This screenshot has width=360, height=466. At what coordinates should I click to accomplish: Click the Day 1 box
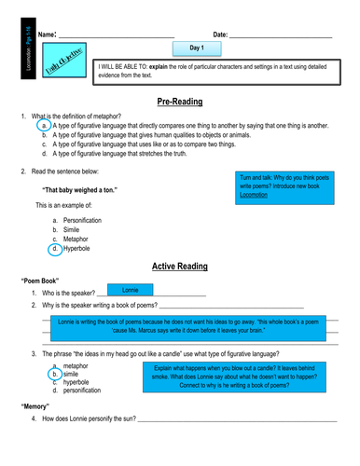[197, 47]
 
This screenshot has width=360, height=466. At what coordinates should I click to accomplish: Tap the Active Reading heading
[180, 266]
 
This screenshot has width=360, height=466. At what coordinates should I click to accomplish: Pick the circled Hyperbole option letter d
[55, 249]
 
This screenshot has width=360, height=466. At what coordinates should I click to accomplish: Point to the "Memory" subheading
[35, 408]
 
